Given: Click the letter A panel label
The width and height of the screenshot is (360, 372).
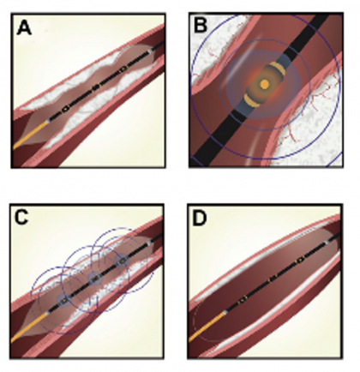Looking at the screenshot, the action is (x=24, y=28).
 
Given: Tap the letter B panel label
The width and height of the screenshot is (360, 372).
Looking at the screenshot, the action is (x=201, y=25).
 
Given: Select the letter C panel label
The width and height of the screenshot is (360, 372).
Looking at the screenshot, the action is (x=21, y=217).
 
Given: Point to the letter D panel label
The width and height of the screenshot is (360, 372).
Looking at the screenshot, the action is (x=200, y=219).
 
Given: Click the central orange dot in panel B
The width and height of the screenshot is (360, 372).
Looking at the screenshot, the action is (x=265, y=84).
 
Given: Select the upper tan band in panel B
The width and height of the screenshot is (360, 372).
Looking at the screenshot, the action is (x=277, y=69).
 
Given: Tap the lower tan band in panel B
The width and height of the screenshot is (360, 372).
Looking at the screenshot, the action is (x=252, y=99).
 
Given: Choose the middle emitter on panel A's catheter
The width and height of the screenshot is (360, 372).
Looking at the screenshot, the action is (x=96, y=86).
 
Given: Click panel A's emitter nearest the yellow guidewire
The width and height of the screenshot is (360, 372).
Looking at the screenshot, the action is (x=66, y=108).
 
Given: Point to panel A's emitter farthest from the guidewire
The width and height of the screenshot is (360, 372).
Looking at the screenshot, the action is (x=123, y=69).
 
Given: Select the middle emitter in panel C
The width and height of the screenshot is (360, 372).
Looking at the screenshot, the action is (x=94, y=278).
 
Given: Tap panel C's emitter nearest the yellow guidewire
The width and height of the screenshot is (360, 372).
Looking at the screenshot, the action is (x=64, y=300).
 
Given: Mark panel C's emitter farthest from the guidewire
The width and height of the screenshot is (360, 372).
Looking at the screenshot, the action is (x=123, y=261).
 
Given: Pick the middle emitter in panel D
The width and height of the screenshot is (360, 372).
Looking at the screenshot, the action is (x=272, y=278).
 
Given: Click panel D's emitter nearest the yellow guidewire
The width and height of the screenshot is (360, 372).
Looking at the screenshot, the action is (x=243, y=298).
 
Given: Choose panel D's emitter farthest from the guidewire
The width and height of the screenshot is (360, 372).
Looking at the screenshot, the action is (x=300, y=260).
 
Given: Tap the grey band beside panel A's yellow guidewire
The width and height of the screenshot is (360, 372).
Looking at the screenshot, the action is (x=48, y=121).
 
